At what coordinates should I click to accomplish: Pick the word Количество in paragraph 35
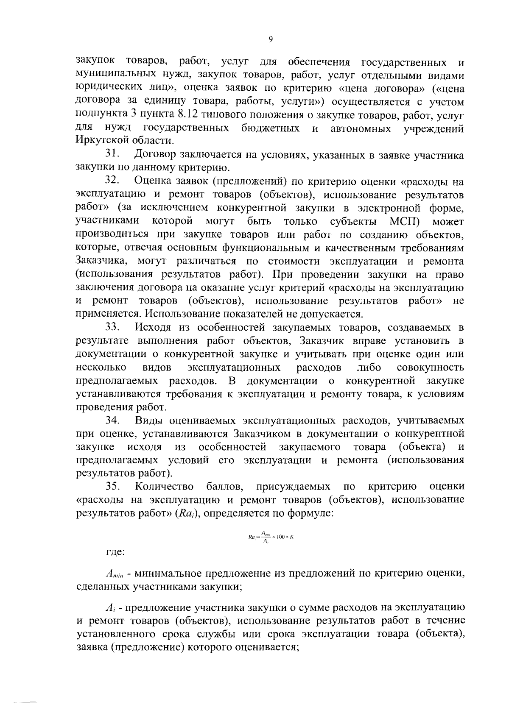tap(164, 486)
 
